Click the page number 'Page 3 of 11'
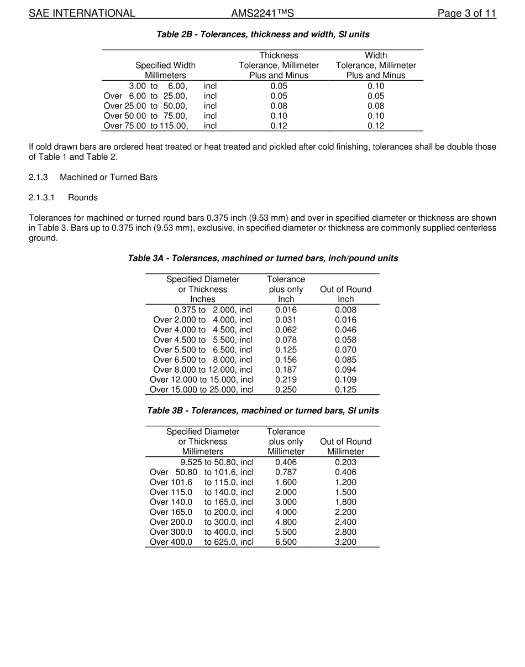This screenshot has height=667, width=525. point(466,13)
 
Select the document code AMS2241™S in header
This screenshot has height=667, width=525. point(262,13)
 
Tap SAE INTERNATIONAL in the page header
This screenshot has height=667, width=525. point(82,13)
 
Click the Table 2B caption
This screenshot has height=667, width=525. point(263,34)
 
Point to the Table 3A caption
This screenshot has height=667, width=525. point(263,258)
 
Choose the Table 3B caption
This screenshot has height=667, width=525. point(263,410)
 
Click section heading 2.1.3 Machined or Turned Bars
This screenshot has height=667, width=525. point(93,178)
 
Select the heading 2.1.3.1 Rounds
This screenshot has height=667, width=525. point(63,197)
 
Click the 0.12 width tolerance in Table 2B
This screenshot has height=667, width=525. point(376,126)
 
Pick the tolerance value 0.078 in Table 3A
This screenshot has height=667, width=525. point(286,340)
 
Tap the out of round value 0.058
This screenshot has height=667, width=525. point(345,340)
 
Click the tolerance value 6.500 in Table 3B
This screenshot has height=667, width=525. point(286,542)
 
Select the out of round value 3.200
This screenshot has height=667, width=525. point(345,542)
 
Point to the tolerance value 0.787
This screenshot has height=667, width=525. point(286,472)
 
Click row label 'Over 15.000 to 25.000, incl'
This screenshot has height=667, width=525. point(201,389)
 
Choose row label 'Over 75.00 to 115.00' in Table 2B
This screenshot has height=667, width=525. point(160,126)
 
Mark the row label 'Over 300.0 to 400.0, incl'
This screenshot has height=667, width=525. point(201,532)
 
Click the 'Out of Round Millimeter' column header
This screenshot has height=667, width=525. point(345,446)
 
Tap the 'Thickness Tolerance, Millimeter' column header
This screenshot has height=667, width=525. point(279,65)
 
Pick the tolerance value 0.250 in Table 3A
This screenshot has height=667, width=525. point(286,389)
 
